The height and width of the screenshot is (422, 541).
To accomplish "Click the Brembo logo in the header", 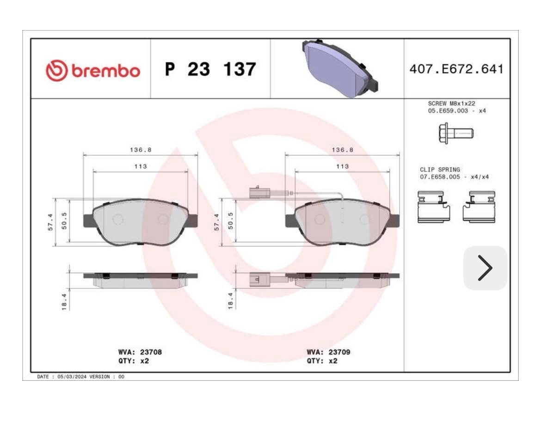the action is pyautogui.click(x=93, y=70).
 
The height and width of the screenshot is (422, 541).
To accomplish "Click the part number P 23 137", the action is pyautogui.click(x=210, y=69).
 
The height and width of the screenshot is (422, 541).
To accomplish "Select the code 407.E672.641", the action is pyautogui.click(x=456, y=69).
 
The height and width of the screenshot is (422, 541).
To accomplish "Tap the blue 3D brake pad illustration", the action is pyautogui.click(x=340, y=68).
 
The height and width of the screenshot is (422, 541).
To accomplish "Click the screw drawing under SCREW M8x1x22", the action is pyautogui.click(x=456, y=133).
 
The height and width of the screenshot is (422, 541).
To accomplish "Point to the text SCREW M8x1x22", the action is pyautogui.click(x=451, y=104).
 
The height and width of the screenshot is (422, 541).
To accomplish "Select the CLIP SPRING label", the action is pyautogui.click(x=440, y=170).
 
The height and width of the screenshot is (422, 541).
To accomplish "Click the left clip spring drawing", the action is pyautogui.click(x=434, y=207).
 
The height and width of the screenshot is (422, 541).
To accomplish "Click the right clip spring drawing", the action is pyautogui.click(x=479, y=207).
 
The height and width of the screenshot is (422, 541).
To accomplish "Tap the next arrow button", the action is pyautogui.click(x=485, y=268).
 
